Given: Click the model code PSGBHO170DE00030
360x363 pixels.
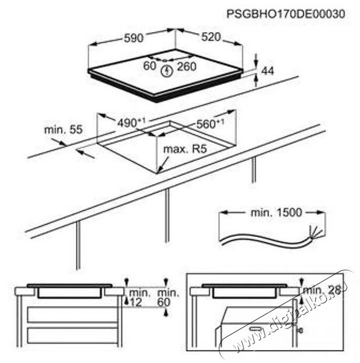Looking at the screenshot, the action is click(x=286, y=14).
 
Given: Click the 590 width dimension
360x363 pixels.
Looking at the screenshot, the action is click(x=134, y=38).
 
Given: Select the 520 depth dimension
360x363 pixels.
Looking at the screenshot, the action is click(x=211, y=37).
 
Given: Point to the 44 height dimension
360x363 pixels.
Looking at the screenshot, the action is click(x=267, y=71).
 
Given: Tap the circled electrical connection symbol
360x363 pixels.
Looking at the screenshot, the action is click(x=167, y=71).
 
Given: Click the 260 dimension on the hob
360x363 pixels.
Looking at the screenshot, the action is click(x=187, y=67).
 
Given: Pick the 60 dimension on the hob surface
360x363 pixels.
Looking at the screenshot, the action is click(x=150, y=65).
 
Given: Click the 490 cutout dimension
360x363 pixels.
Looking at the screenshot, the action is click(x=131, y=123).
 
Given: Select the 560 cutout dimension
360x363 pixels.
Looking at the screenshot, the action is click(x=210, y=124).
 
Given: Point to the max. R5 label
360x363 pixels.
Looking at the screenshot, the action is click(x=185, y=149).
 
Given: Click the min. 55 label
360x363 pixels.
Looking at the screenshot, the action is click(x=63, y=130).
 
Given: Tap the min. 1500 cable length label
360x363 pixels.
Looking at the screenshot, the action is click(x=277, y=212).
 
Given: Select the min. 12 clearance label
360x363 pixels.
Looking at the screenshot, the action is click(x=138, y=298).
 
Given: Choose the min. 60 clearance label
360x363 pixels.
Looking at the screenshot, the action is click(x=168, y=298).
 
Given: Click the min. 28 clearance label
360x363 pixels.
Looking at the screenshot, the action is click(x=322, y=290).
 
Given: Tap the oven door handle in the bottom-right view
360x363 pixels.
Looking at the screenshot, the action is click(x=256, y=328).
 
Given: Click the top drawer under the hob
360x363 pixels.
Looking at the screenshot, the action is click(x=72, y=315).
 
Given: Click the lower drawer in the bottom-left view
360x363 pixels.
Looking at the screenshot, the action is click(x=72, y=336).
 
